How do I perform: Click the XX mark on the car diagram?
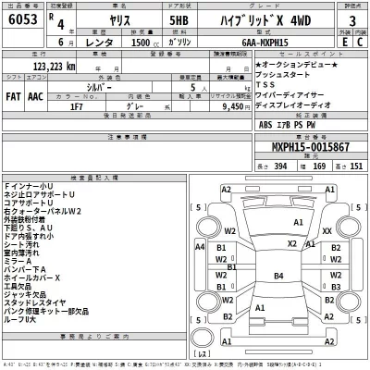click(327, 230)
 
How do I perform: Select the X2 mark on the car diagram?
click(290, 242)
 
